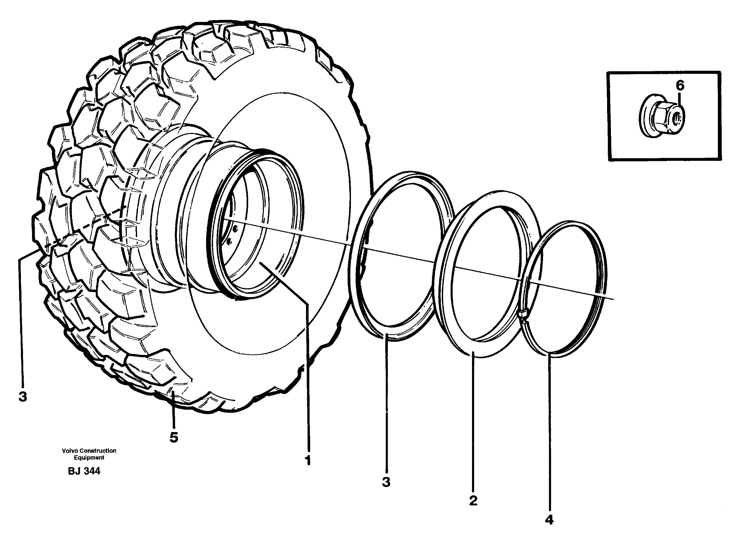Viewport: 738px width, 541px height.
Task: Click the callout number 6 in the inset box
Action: [x=680, y=86]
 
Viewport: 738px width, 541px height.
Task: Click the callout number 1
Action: [x=307, y=460]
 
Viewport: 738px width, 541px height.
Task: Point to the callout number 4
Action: [x=549, y=520]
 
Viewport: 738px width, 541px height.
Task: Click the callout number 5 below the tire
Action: [x=174, y=437]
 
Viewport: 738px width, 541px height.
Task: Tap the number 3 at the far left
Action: [x=22, y=397]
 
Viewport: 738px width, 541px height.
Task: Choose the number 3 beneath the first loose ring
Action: [x=386, y=482]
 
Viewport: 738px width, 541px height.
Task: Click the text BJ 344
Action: [x=84, y=471]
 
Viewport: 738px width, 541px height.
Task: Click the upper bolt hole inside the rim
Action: [x=235, y=229]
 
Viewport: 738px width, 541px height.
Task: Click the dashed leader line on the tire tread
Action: [x=85, y=226]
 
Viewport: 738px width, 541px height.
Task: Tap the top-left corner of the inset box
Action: [x=608, y=73]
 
